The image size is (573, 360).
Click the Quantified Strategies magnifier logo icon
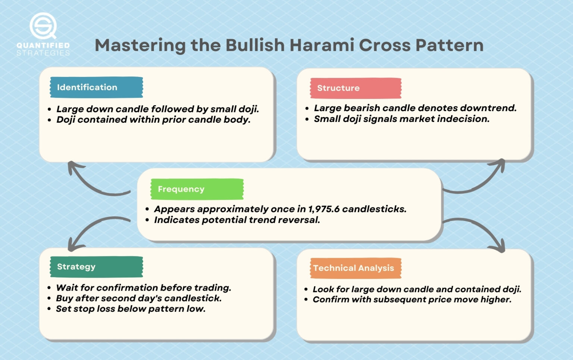(43, 26)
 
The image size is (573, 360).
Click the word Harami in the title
(322, 46)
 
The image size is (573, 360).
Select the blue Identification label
(96, 87)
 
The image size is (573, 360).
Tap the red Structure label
(356, 88)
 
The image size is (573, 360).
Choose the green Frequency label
(197, 189)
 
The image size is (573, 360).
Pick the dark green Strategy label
(96, 267)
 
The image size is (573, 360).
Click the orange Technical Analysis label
(356, 268)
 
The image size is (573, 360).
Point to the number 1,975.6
(324, 209)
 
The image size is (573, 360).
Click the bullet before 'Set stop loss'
(49, 309)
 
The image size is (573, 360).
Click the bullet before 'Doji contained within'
(49, 120)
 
